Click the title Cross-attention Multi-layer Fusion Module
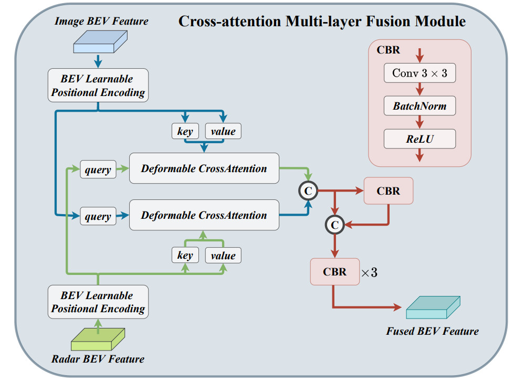click(x=322, y=21)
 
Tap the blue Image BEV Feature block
click(x=100, y=43)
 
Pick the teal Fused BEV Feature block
click(x=433, y=308)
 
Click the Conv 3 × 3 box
click(x=419, y=73)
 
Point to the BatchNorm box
click(x=419, y=106)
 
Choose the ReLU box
click(x=419, y=139)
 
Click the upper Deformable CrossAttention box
click(x=204, y=168)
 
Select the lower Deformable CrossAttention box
click(x=204, y=215)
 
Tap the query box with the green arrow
click(x=98, y=169)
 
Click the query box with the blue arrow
click(x=98, y=216)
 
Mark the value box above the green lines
click(x=223, y=256)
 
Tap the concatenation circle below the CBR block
click(x=334, y=225)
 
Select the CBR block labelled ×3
click(x=334, y=272)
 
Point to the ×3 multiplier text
click(x=369, y=273)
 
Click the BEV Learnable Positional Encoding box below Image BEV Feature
click(x=98, y=86)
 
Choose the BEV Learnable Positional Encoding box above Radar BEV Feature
click(x=98, y=302)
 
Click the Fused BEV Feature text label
click(x=432, y=332)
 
